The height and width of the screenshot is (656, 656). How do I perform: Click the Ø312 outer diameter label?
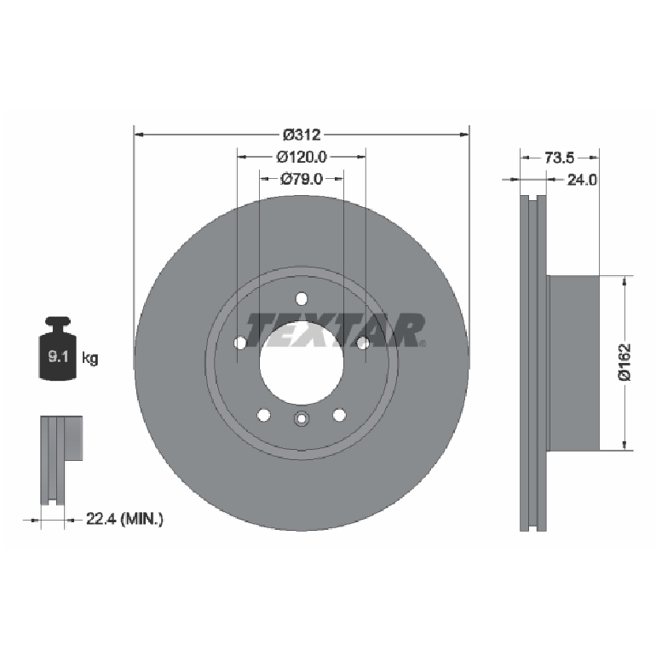pos(302,135)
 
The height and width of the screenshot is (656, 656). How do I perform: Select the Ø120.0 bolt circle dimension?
pos(302,157)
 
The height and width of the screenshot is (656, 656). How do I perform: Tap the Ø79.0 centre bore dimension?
pos(302,179)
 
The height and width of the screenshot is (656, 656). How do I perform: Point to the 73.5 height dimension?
pos(559,158)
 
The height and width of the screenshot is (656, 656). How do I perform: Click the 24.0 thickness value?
pos(582,180)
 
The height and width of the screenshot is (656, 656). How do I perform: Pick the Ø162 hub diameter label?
pos(624,362)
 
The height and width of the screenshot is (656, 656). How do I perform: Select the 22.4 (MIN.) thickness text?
pos(124,519)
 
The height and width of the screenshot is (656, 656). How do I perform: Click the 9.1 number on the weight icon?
pos(58,357)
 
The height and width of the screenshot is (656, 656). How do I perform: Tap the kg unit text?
pos(90,359)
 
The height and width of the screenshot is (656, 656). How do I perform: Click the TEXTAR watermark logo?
pos(336,331)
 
